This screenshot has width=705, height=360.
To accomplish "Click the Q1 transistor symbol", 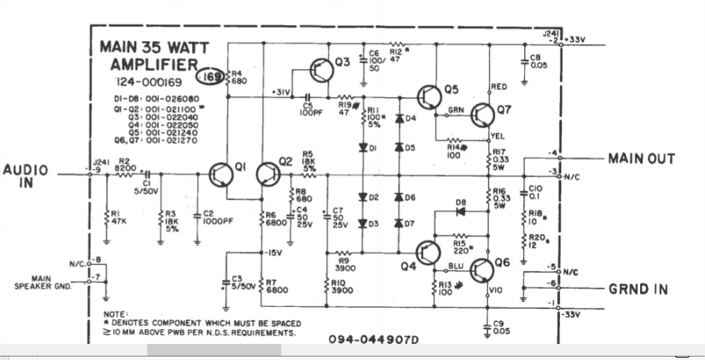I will [221, 174].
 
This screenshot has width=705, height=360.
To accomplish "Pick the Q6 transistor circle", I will [481, 271].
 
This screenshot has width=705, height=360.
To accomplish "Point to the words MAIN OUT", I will [641, 158].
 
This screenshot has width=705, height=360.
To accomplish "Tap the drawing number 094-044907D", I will [373, 340].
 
